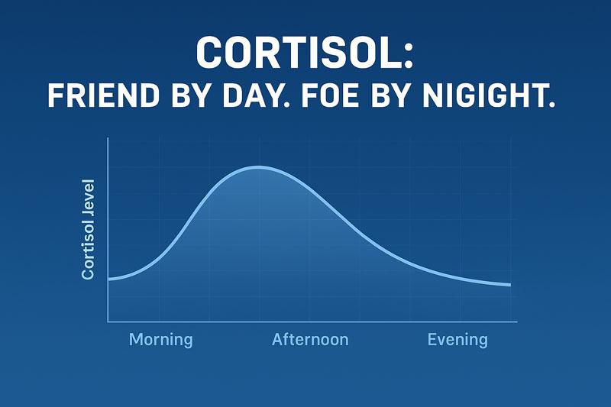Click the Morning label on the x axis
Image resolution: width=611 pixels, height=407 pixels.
click(161, 340)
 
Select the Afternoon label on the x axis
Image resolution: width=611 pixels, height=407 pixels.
click(310, 340)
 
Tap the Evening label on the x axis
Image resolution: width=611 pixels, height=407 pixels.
click(457, 340)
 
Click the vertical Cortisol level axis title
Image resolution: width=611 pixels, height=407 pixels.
click(89, 229)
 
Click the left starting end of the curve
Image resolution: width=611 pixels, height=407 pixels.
click(109, 279)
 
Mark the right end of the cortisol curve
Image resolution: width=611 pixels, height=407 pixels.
click(509, 285)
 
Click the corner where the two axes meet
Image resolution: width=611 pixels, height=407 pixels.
click(108, 321)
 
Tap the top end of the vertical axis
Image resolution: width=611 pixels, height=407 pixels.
click(108, 139)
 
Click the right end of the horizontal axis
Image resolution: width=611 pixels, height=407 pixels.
click(516, 321)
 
